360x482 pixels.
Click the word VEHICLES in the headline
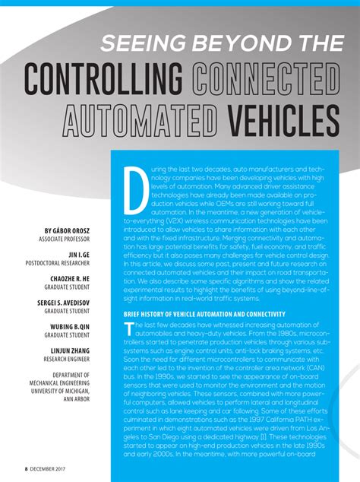coord(281,118)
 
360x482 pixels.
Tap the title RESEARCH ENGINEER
coord(65,360)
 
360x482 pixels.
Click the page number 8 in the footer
coord(25,469)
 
